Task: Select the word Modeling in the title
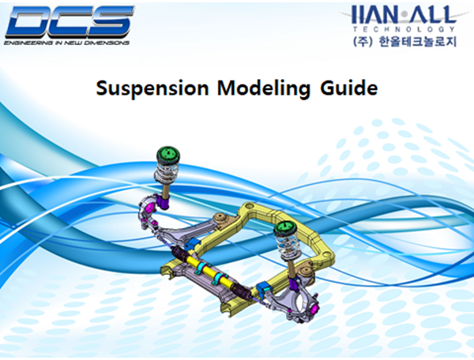[x=250, y=88]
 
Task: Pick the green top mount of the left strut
[x=167, y=154]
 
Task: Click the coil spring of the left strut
[x=167, y=171]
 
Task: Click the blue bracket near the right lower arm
[x=262, y=286]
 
